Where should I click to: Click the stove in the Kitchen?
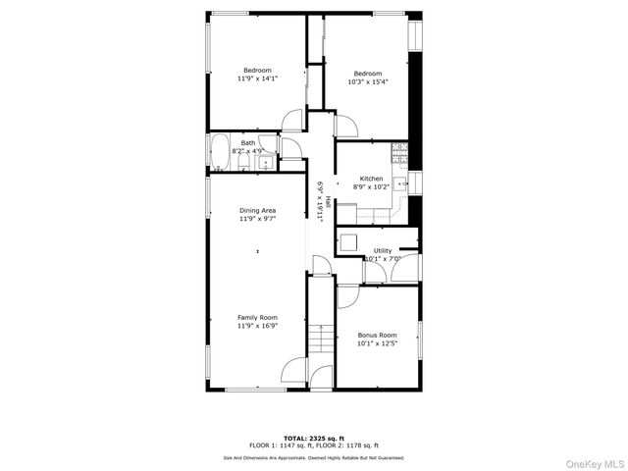398,152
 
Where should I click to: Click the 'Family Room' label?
257,318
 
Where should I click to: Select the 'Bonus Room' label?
377,336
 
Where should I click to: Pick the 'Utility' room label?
382,251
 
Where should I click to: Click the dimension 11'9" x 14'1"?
257,78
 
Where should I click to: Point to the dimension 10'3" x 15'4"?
367,82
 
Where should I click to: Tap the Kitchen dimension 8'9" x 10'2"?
372,186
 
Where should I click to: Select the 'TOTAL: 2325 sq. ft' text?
313,439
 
